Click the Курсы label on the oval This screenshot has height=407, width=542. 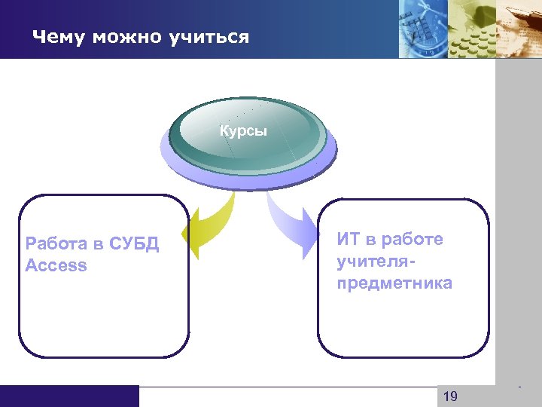pyautogui.click(x=242, y=131)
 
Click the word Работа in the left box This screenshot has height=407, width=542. pyautogui.click(x=54, y=245)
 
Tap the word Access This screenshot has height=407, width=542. pyautogui.click(x=56, y=266)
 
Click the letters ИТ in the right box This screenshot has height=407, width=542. pyautogui.click(x=349, y=240)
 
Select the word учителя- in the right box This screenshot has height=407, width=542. pyautogui.click(x=377, y=261)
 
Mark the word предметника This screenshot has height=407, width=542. pyautogui.click(x=394, y=283)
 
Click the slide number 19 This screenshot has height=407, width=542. pyautogui.click(x=450, y=396)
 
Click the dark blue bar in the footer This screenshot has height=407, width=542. pyautogui.click(x=69, y=396)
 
